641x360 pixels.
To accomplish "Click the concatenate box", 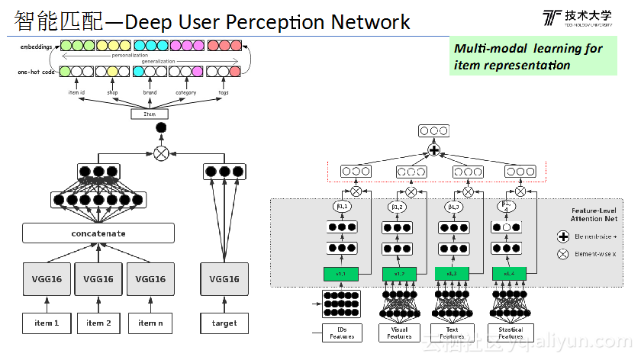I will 98,233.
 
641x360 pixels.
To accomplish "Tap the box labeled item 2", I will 98,323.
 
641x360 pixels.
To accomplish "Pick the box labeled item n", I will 150,323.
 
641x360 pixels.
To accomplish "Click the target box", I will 224,323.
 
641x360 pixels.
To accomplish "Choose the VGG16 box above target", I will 224,279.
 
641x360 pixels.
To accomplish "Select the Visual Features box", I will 399,332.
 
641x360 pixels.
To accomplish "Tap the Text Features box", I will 452,332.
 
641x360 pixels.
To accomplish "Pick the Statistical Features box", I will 511,332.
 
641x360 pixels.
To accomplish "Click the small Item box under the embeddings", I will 150,114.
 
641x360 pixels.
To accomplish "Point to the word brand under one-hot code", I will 150,92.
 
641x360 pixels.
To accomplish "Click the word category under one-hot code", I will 185,92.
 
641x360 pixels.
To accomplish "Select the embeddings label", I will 37,47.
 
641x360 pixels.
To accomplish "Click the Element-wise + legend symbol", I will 563,237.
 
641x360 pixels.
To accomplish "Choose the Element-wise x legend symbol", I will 563,254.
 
